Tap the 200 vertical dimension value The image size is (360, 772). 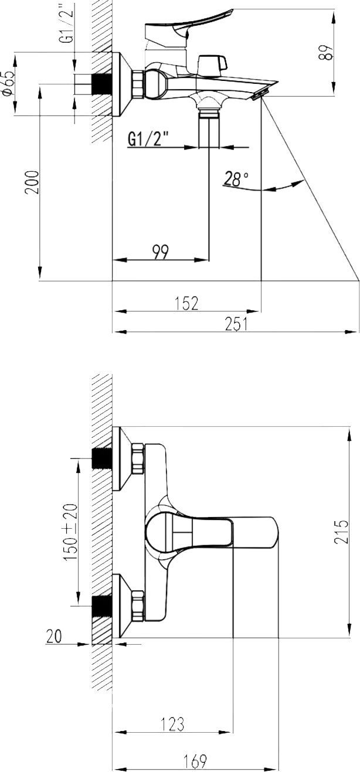coord(32,183)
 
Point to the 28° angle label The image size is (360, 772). coord(236,179)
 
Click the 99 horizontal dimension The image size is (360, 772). coord(160,251)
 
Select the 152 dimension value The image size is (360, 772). coord(186,302)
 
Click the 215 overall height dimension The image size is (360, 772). coord(341,531)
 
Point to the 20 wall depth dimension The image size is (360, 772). coord(54,637)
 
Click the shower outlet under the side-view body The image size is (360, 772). coord(209,108)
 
